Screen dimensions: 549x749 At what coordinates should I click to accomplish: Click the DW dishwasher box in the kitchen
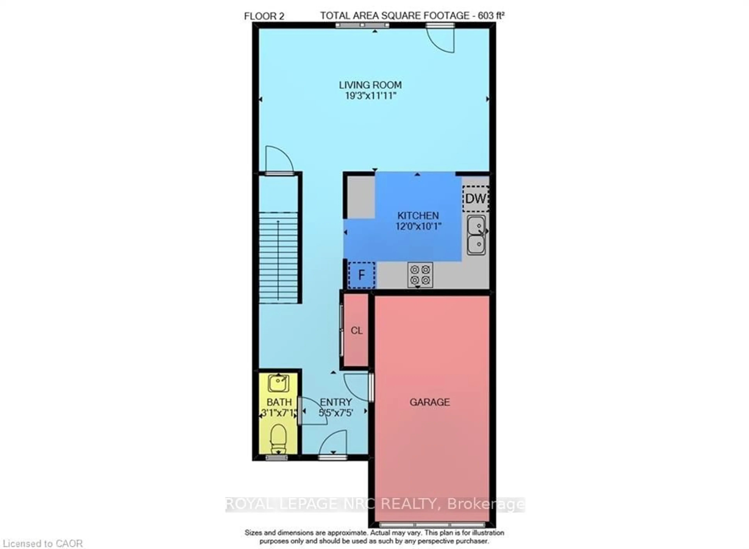click(475, 199)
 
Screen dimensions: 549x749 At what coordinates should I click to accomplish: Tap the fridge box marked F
click(361, 275)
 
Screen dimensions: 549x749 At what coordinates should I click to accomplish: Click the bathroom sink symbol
click(278, 383)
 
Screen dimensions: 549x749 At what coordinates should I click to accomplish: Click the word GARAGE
click(430, 402)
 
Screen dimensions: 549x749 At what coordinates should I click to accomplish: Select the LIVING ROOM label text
click(370, 85)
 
